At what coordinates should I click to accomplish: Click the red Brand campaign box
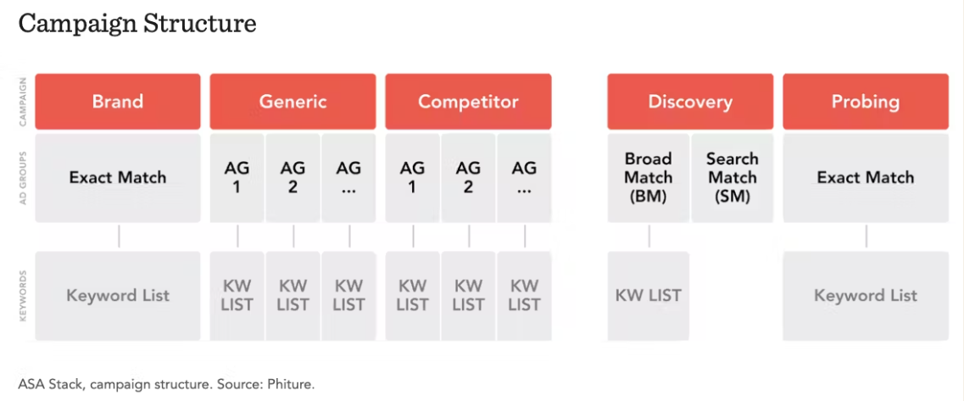point(117,102)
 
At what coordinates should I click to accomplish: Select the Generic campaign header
point(293,102)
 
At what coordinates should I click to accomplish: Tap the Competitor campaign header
point(469,102)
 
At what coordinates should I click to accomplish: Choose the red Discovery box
point(690,102)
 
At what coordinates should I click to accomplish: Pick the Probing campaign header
point(866,102)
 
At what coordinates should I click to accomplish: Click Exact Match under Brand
point(117,178)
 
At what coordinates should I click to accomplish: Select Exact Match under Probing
point(866,178)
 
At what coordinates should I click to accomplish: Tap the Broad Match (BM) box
point(649,178)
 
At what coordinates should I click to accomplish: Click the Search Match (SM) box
point(733,178)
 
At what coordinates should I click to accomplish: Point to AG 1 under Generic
point(237,178)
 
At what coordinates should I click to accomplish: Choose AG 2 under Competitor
point(469,178)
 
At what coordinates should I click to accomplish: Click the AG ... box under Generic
point(348,178)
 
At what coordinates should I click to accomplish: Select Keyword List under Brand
point(117,296)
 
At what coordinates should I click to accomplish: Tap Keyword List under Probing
point(866,296)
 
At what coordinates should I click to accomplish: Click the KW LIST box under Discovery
point(649,296)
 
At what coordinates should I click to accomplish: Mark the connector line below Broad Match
point(649,237)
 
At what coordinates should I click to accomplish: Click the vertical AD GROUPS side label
point(23,178)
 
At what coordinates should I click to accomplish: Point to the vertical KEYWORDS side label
point(23,296)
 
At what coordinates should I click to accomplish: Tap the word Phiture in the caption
point(292,386)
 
